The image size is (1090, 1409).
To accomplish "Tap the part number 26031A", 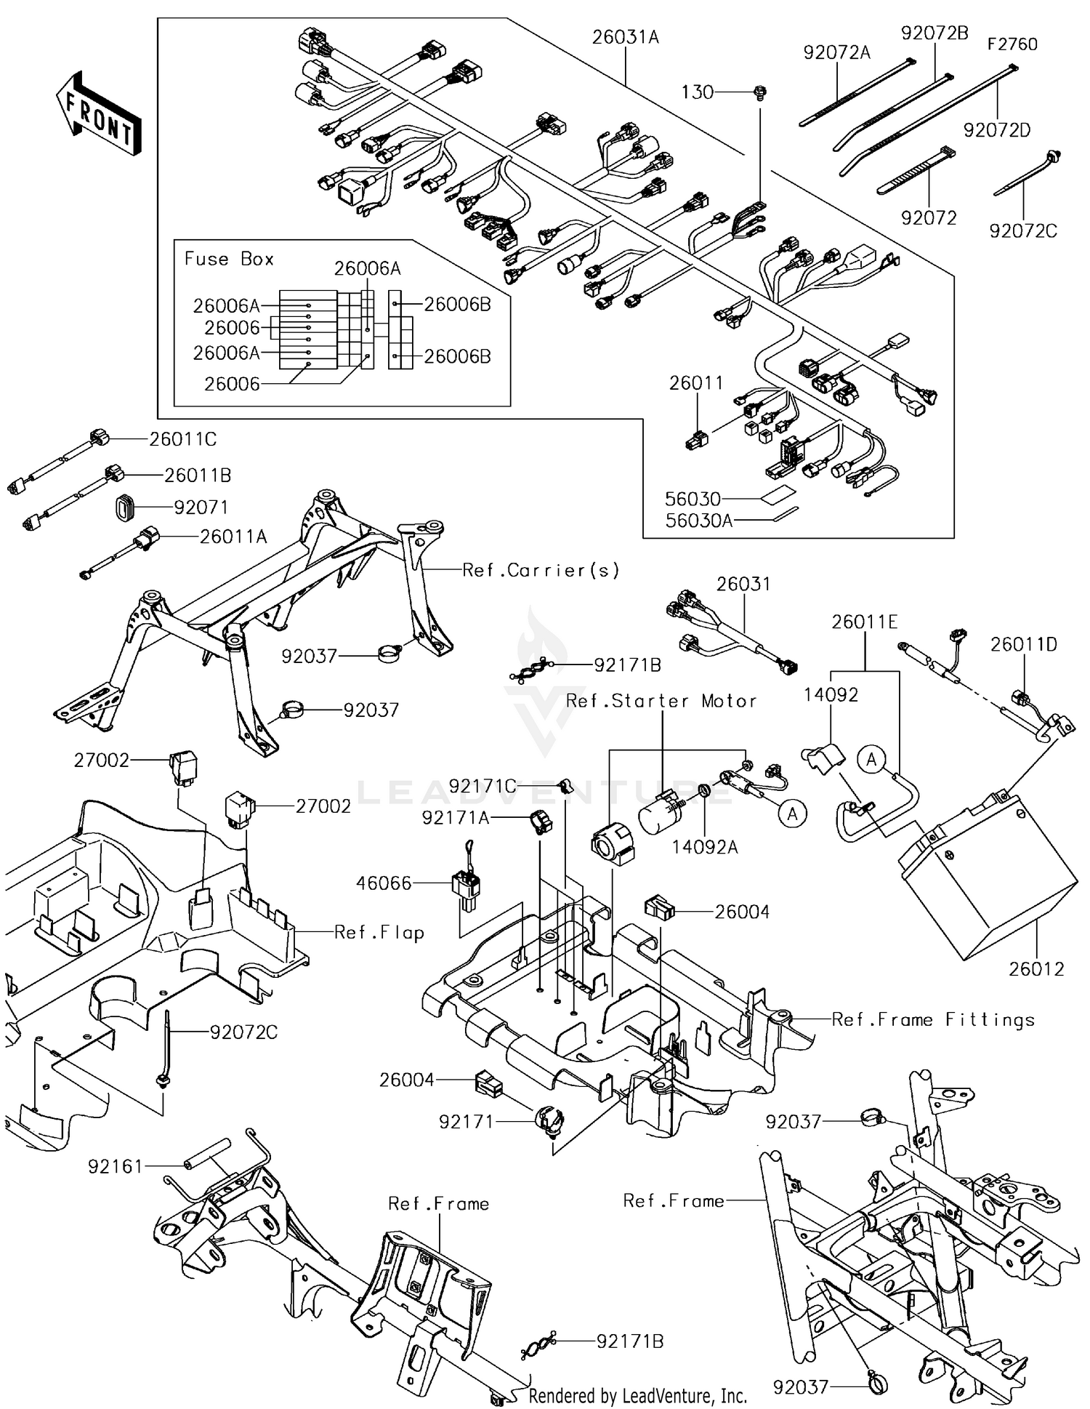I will [625, 38].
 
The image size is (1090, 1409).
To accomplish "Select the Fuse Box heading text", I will [229, 259].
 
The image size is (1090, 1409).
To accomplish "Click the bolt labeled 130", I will [761, 92].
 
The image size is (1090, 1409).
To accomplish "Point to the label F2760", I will [1012, 44].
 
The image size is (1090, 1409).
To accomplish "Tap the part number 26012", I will [1035, 968].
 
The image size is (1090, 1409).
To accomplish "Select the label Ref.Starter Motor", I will [661, 701].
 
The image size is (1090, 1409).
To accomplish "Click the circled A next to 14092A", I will [792, 814].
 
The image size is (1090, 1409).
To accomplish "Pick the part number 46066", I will [384, 883].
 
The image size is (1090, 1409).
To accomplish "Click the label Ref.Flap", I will [379, 932].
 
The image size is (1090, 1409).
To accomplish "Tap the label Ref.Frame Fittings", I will [933, 1020].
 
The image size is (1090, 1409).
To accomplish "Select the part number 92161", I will [116, 1166].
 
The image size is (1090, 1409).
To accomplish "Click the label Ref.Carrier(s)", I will [541, 570].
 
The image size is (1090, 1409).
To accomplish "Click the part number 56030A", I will [698, 520].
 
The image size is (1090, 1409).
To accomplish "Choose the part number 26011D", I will [1024, 644].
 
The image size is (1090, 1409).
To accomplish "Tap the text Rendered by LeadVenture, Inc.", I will [637, 1395].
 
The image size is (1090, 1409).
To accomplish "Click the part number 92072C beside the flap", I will [243, 1032].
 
